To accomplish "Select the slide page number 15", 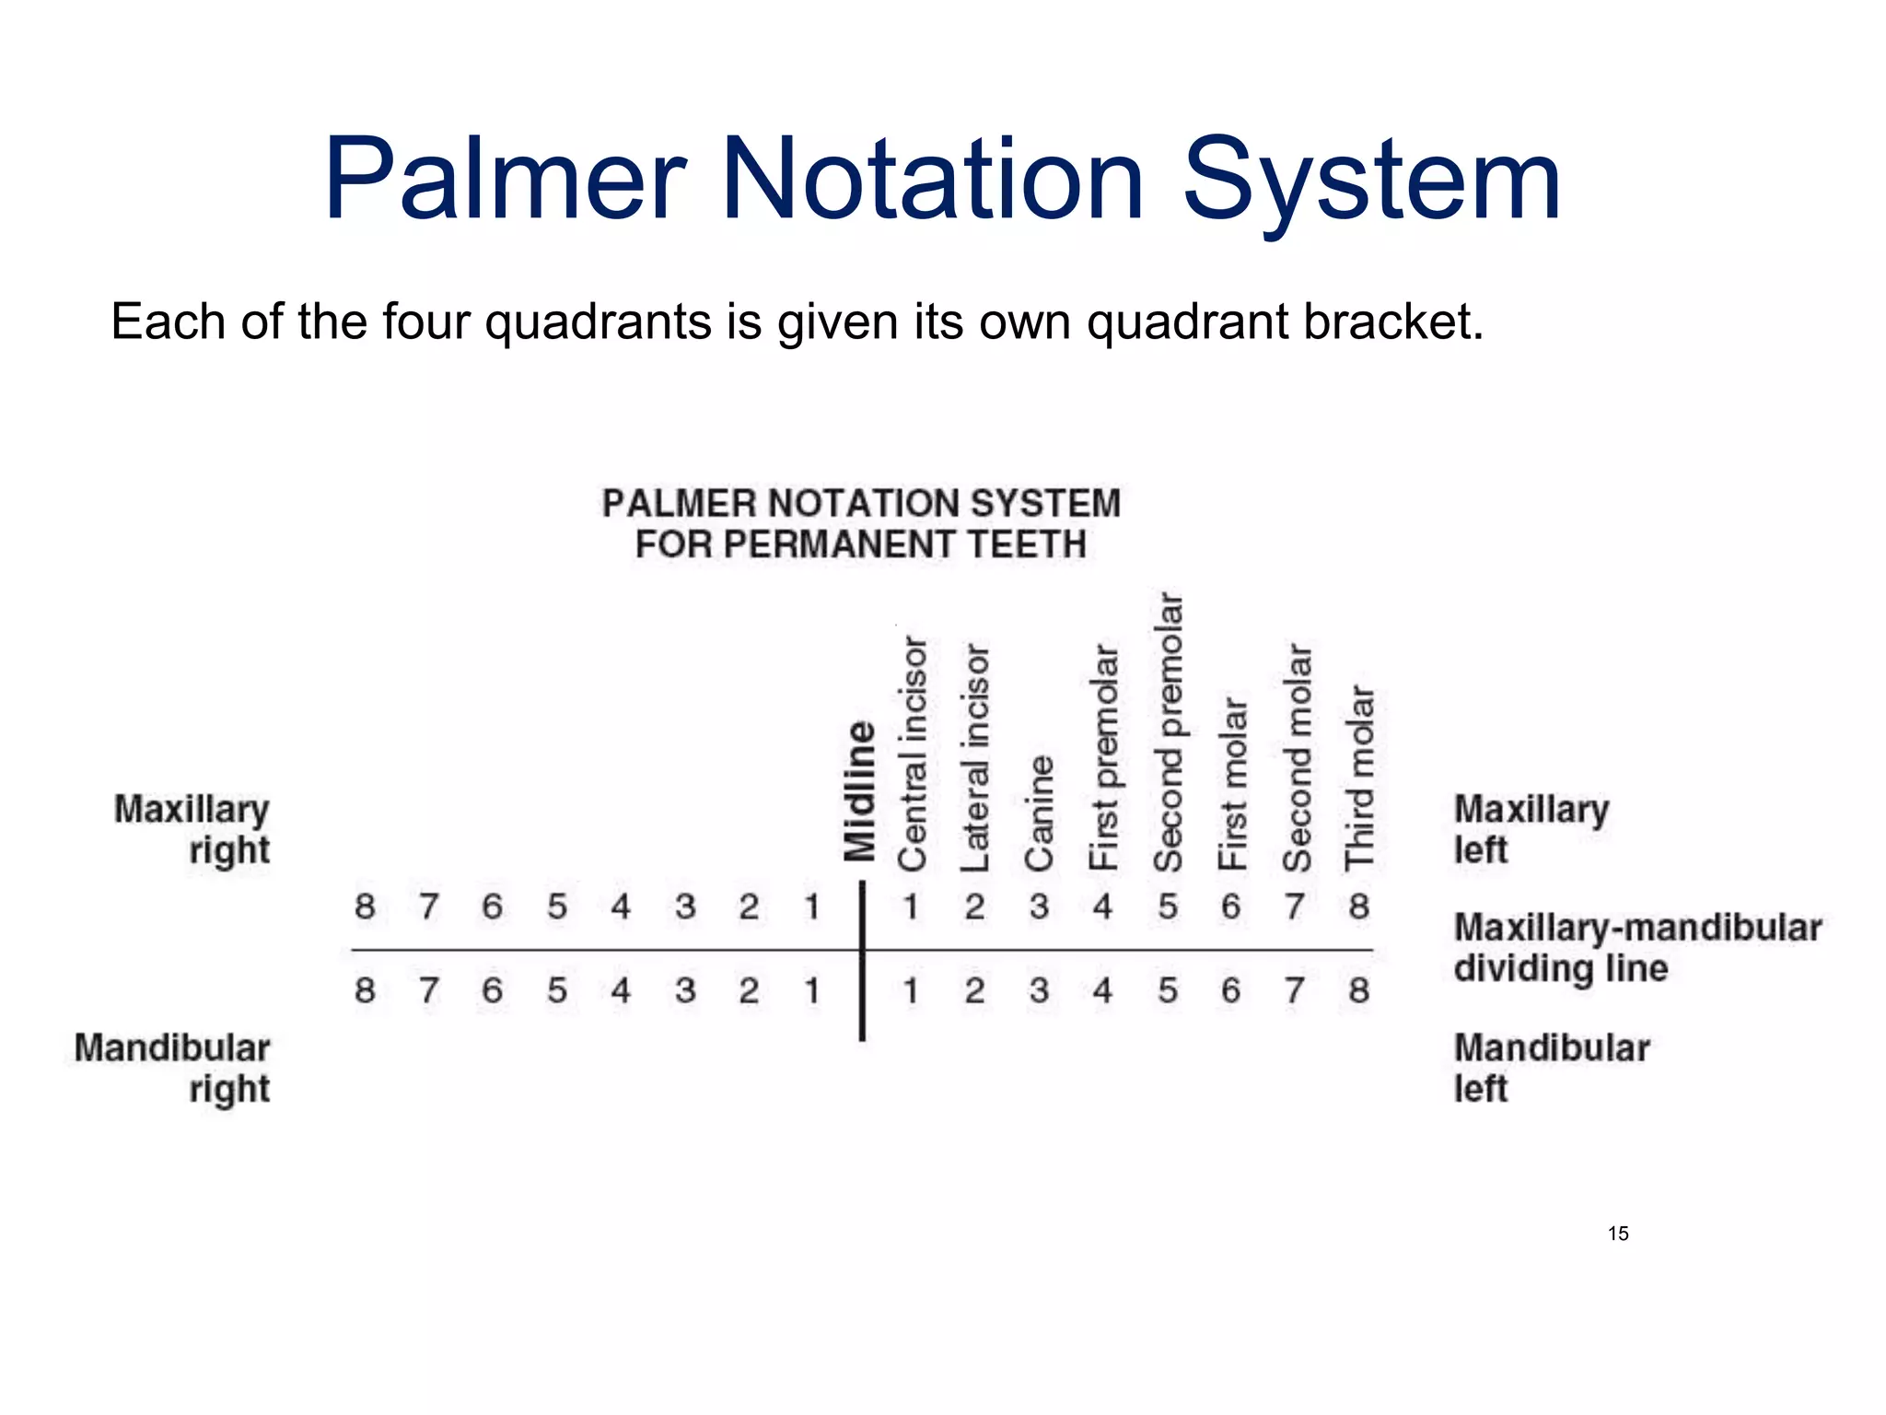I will (x=1618, y=1234).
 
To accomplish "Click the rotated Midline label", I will (x=859, y=790).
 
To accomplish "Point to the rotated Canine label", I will (x=1039, y=813).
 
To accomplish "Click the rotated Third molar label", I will (x=1359, y=778).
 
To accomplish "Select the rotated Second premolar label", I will (x=1168, y=732).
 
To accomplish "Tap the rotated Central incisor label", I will (x=912, y=754).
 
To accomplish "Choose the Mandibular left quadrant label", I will (x=1550, y=1068).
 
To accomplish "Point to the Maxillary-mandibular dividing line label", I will (x=1636, y=947).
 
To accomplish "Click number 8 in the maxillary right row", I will (x=365, y=906).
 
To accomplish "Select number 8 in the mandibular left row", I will (x=1359, y=990).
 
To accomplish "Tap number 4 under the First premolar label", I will (x=1102, y=906).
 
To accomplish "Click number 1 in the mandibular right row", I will (x=811, y=990).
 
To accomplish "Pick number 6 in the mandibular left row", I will (x=1231, y=990).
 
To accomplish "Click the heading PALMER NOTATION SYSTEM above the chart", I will (x=861, y=504).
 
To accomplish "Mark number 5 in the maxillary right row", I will (x=556, y=906).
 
